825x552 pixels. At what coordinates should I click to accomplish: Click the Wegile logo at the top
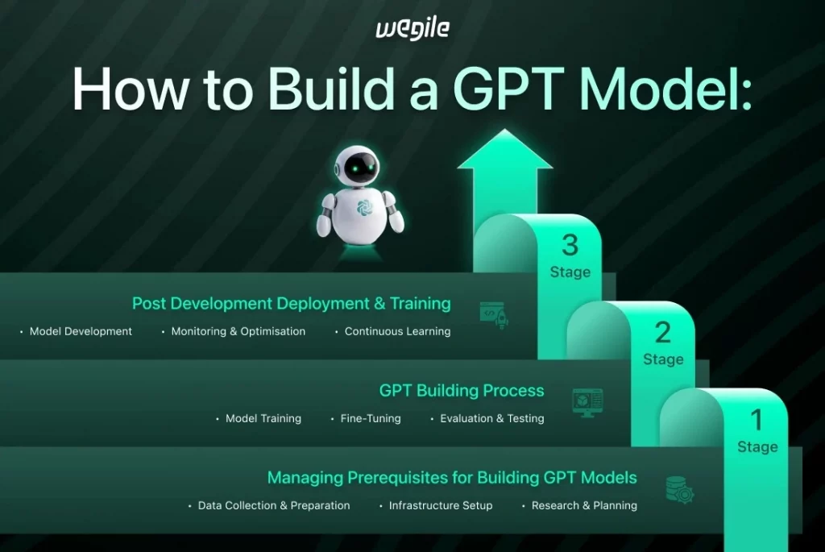point(412,29)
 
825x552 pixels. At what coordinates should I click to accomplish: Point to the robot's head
point(359,167)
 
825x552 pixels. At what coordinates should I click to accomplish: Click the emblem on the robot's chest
point(363,208)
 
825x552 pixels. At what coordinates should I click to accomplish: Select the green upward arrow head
point(505,153)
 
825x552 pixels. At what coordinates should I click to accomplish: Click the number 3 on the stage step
point(570,244)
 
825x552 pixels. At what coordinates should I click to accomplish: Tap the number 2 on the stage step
point(663,331)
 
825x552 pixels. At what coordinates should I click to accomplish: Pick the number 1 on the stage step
point(757,419)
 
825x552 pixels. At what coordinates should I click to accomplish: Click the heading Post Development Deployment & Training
point(291,304)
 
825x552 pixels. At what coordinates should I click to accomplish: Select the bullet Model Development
point(81,331)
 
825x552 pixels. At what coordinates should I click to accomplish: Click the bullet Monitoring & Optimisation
point(238,331)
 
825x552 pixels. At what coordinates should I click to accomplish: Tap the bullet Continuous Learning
point(397,331)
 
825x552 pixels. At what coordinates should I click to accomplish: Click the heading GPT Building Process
point(462,391)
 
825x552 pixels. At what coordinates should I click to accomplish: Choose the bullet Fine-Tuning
point(370,418)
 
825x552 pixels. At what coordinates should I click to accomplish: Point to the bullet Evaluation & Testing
point(491,418)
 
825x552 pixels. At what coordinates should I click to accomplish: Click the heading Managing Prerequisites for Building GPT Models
point(452,478)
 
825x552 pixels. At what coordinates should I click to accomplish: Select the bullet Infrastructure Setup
point(440,505)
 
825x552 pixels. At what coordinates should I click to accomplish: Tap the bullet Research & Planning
point(584,505)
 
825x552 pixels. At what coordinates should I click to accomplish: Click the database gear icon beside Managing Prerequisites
point(679,489)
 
